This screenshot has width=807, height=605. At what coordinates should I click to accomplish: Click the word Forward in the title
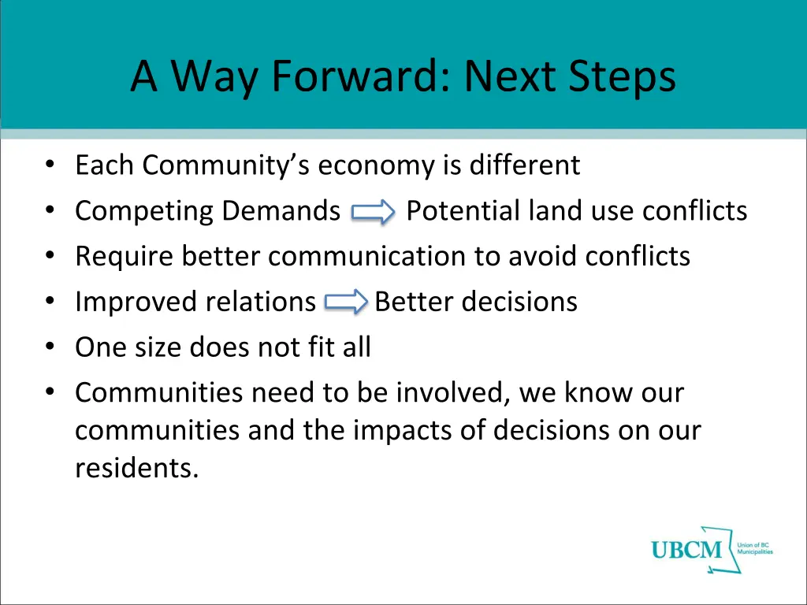(358, 77)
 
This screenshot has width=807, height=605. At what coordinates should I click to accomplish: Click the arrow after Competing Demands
(373, 212)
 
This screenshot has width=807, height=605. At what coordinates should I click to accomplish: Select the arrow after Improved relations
(346, 302)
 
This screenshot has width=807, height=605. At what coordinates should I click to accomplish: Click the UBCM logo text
(686, 550)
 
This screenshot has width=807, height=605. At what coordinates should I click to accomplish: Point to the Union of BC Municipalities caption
(754, 548)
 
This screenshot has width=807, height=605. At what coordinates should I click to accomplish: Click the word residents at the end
(136, 468)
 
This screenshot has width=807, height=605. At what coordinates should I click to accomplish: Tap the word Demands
(281, 211)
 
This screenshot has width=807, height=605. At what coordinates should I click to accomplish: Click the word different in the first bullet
(524, 165)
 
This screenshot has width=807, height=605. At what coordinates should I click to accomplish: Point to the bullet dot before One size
(50, 347)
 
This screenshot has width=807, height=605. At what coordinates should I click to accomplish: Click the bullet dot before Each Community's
(50, 166)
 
